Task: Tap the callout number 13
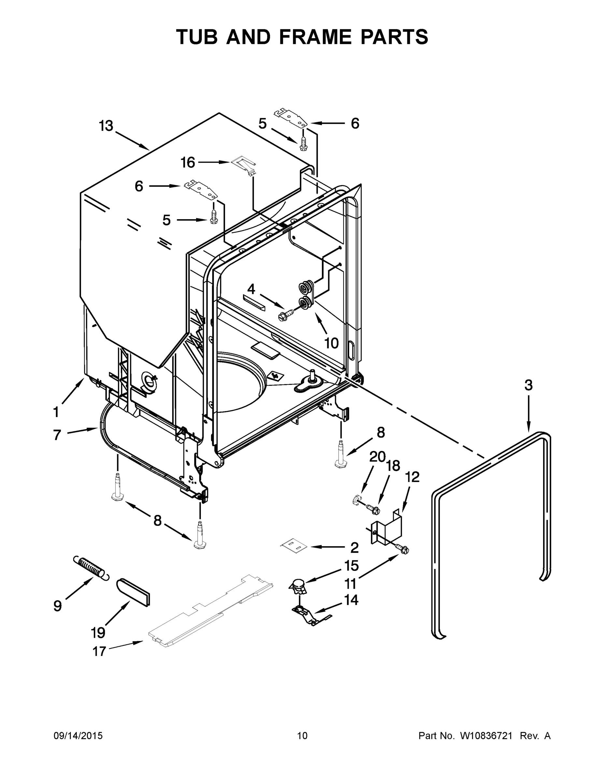point(106,126)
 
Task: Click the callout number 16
point(188,163)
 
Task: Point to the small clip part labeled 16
point(244,164)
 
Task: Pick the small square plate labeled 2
point(293,546)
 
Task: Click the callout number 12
point(412,477)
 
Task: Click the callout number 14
point(351,600)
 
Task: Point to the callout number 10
point(331,343)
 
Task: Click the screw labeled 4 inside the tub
point(286,315)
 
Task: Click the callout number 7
point(57,435)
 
